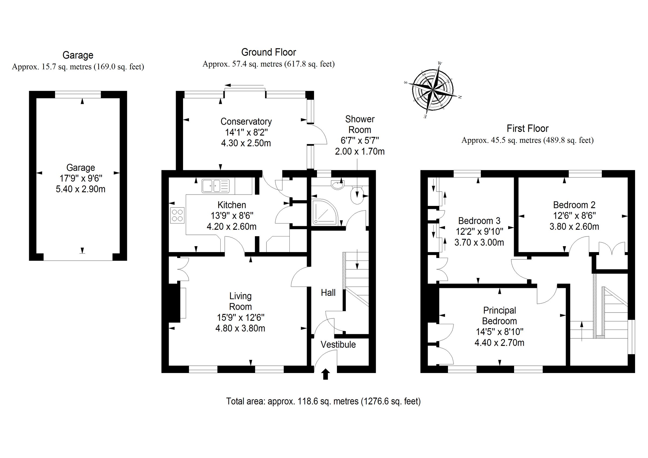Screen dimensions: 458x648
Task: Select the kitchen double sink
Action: pos(215,186)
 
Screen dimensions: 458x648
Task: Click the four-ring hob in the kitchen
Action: pos(177,215)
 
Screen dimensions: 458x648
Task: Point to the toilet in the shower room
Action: pos(357,195)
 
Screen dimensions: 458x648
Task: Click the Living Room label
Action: pos(240,301)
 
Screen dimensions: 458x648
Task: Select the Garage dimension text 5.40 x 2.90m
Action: pos(80,189)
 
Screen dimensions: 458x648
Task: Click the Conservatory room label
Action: pos(246,121)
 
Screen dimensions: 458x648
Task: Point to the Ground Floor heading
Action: pos(268,52)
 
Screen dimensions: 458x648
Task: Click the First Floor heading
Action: pos(527,128)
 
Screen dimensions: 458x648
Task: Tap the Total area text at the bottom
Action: pos(323,401)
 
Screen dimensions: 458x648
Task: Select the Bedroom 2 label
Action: pos(574,205)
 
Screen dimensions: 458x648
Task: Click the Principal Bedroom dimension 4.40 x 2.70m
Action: pos(499,343)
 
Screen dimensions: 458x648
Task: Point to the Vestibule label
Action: pos(338,345)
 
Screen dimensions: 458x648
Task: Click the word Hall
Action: pos(328,293)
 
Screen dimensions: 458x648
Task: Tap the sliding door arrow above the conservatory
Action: pos(244,85)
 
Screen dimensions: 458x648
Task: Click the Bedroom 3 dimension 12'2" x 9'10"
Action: pos(479,231)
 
